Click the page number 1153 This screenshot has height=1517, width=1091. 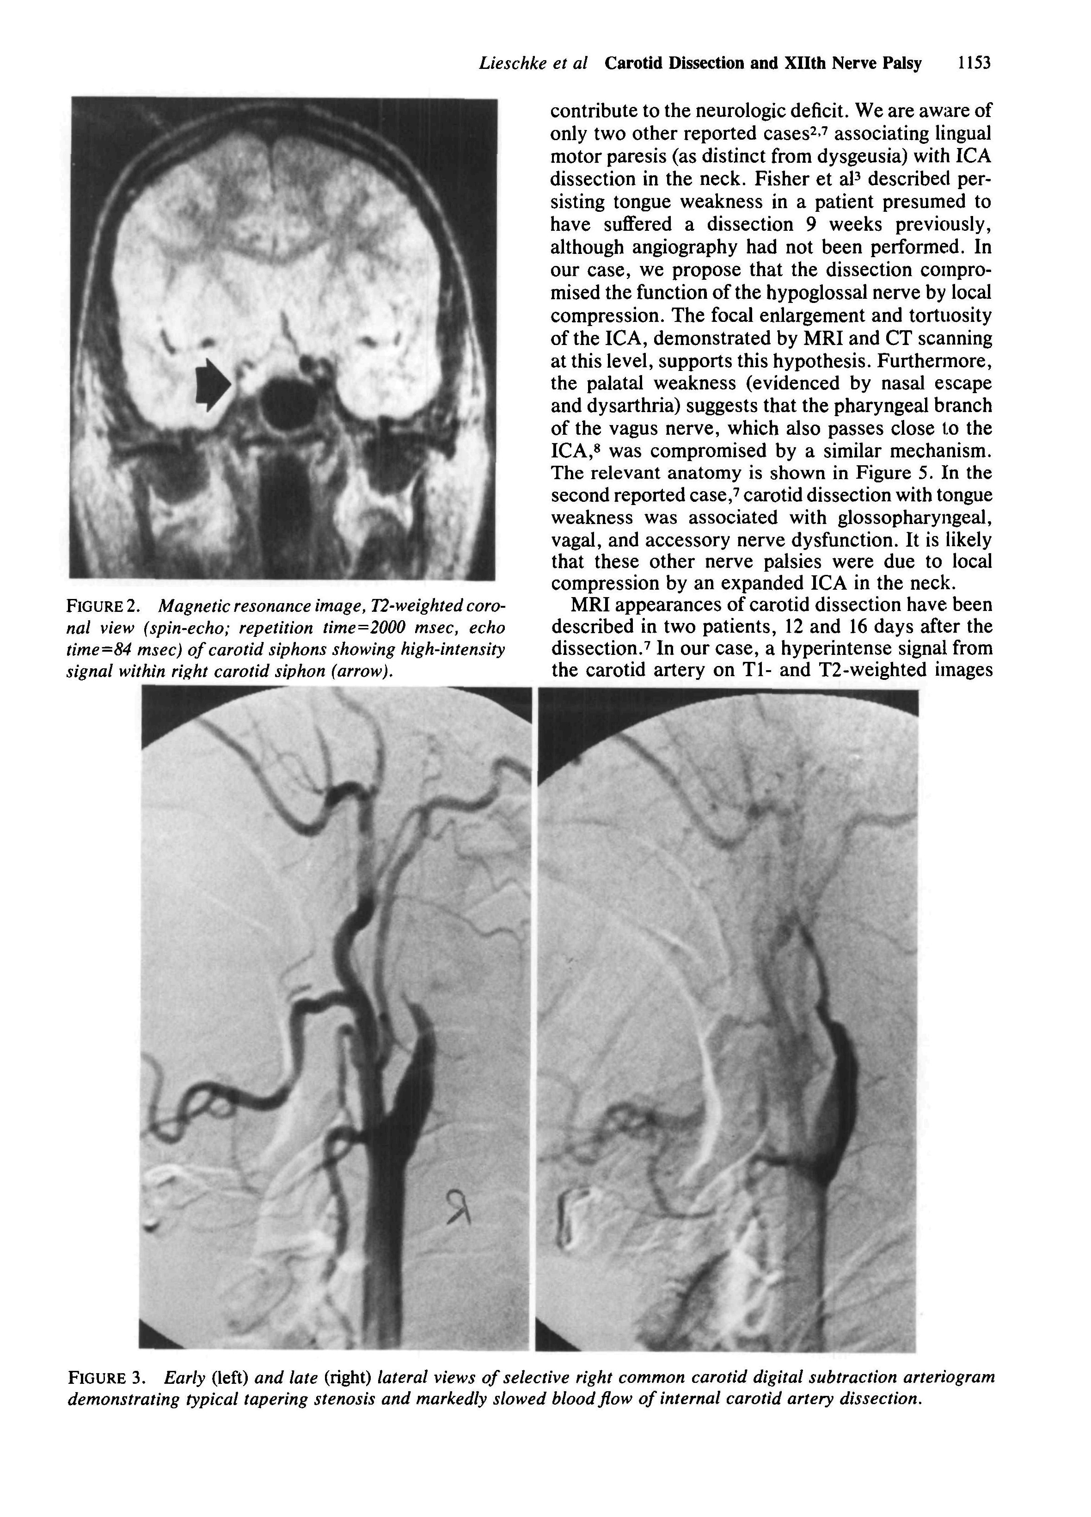[x=973, y=63]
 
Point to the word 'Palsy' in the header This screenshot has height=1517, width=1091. [x=902, y=63]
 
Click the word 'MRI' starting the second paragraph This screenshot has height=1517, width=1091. [x=592, y=604]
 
